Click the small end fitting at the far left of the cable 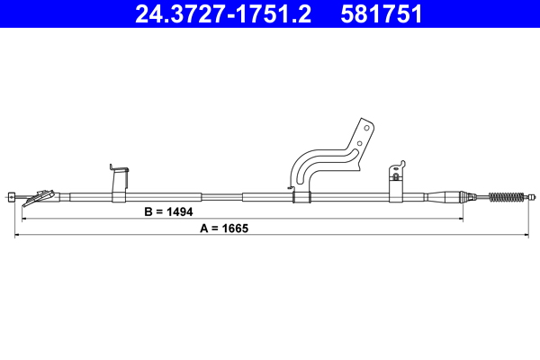point(11,196)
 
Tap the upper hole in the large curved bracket point(365,128)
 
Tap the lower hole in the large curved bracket point(359,142)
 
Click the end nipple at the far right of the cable point(533,196)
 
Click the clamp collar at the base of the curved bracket point(301,195)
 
